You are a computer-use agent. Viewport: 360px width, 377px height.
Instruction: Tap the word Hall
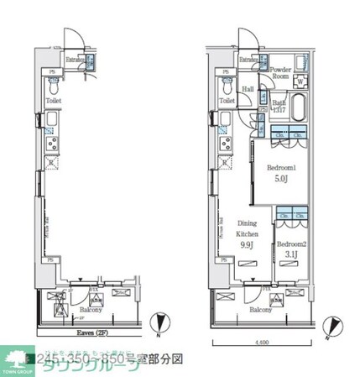coord(248,89)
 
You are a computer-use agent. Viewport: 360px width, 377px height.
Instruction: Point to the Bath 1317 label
coord(278,105)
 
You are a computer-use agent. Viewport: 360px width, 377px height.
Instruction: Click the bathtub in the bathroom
coord(301,106)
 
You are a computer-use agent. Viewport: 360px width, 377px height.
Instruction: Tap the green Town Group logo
coord(15,359)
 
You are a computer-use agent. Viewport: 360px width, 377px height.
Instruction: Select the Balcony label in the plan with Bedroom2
coord(259,309)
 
